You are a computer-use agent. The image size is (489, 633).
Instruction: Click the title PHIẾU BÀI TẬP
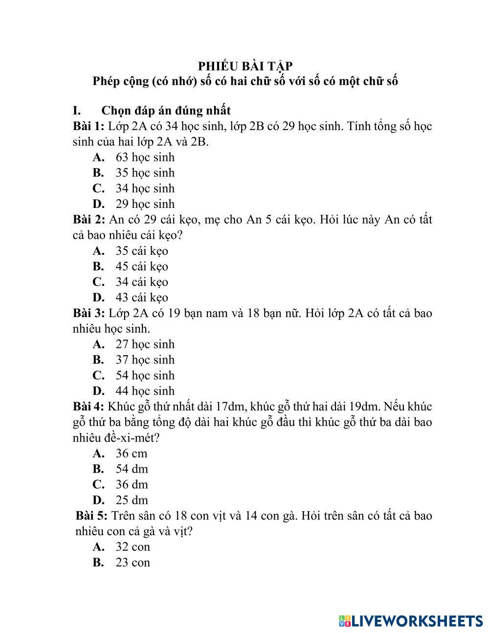(245, 66)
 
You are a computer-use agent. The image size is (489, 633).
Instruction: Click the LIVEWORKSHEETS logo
(410, 621)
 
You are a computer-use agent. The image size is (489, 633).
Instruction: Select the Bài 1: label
(89, 126)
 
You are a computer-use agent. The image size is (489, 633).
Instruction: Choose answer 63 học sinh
(145, 158)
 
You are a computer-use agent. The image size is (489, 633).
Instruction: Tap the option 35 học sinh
(145, 173)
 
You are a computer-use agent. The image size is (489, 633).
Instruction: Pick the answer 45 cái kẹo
(141, 267)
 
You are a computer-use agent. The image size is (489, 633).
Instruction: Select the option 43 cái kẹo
(141, 297)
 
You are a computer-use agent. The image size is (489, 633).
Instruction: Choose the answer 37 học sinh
(145, 360)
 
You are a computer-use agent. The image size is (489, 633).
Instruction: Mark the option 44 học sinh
(145, 391)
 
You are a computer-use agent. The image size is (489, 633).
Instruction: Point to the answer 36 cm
(131, 453)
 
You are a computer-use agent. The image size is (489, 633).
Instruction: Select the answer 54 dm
(132, 469)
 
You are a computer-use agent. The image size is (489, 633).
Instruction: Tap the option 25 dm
(132, 500)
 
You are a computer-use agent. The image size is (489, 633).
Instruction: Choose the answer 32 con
(133, 547)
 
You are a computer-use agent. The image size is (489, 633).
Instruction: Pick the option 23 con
(133, 563)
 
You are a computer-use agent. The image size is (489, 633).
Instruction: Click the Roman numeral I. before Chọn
(76, 111)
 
